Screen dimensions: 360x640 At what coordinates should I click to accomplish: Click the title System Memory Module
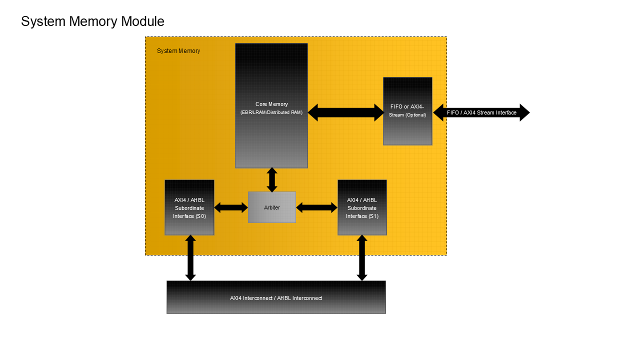point(92,21)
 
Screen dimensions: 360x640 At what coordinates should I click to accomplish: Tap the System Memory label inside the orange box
point(178,51)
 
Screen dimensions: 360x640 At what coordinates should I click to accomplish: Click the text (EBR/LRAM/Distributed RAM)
point(271,112)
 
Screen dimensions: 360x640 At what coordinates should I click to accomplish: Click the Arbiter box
point(272,207)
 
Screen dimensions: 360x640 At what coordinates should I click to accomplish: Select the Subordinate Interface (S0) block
point(189,207)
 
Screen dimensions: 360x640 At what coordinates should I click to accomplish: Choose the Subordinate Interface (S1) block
point(362,207)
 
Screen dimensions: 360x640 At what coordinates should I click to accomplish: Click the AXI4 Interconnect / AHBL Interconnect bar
point(276,297)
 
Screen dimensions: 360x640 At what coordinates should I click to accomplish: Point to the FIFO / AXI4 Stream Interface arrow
point(481,112)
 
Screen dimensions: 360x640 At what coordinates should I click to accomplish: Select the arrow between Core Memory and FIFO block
point(345,112)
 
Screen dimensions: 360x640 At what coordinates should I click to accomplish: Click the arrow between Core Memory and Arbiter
point(272,180)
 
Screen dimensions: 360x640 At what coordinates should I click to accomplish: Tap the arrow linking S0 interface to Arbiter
point(231,207)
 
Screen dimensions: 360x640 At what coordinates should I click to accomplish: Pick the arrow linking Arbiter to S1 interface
point(317,207)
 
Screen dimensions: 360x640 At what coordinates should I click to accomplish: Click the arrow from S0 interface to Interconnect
point(190,257)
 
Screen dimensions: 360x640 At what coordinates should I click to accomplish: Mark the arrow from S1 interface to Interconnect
point(362,257)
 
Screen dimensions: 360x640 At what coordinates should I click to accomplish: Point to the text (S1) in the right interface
point(373,216)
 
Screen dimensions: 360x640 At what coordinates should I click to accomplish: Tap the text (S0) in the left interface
point(200,216)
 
